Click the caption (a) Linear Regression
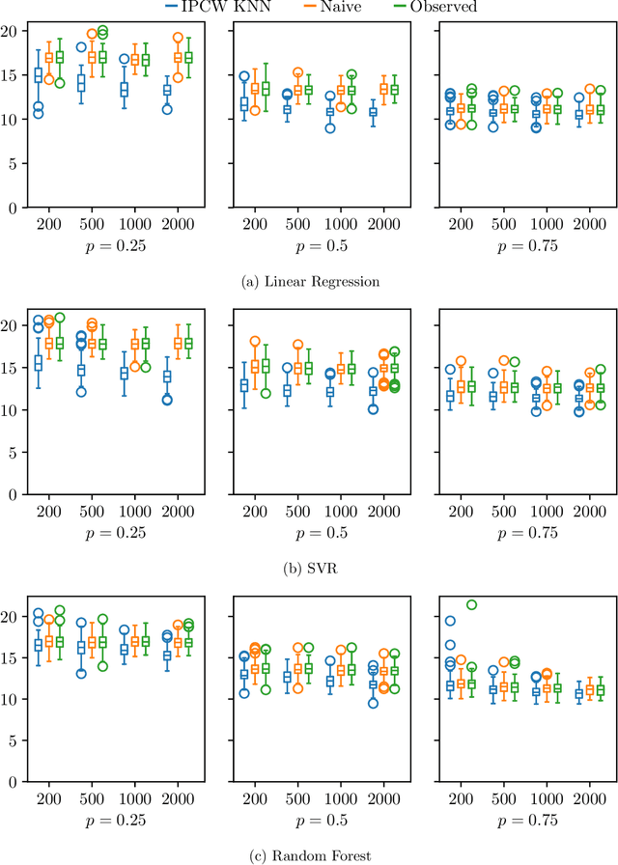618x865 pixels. [x=309, y=282]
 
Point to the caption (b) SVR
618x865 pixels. [x=309, y=569]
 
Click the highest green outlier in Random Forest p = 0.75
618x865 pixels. [x=471, y=605]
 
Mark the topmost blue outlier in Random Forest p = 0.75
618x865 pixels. [x=450, y=621]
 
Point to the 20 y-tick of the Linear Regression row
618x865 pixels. [x=9, y=31]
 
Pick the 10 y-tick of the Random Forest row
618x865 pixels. [x=9, y=699]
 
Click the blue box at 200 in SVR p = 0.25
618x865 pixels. [x=39, y=364]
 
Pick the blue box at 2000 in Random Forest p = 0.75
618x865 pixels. [x=578, y=693]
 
